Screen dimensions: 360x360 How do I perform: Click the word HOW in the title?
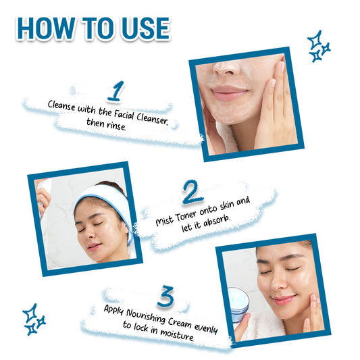(46, 28)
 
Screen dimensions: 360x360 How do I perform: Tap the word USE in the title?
(146, 28)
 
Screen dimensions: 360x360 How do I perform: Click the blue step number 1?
(116, 91)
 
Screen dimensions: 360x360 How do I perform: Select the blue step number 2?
(192, 192)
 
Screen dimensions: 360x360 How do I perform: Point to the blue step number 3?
(165, 297)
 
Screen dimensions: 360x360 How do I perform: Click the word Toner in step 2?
(186, 216)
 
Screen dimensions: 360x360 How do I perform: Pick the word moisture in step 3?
(177, 334)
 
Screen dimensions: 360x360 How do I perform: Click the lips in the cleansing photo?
(229, 93)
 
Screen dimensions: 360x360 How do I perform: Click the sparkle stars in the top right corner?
(319, 47)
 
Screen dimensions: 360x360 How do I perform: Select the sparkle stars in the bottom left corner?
(34, 319)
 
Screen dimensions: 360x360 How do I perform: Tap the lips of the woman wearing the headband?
(94, 247)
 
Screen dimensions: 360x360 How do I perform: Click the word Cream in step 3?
(180, 322)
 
